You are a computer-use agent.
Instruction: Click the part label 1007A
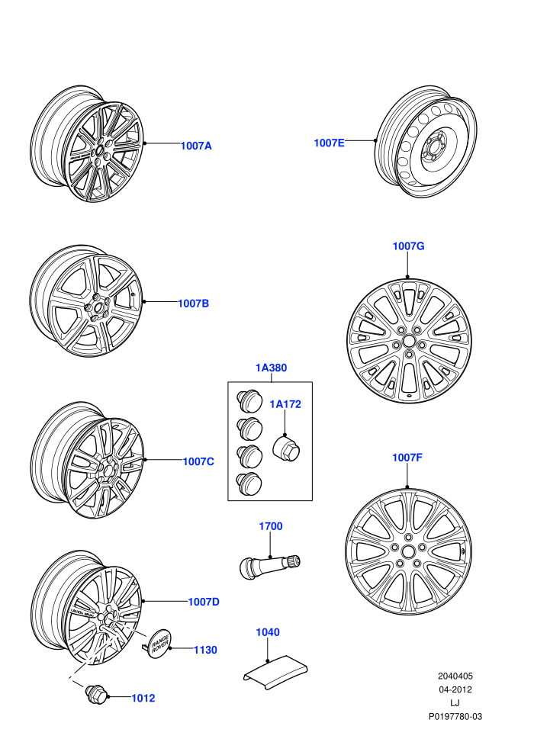click(196, 146)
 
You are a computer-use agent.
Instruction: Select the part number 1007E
click(330, 143)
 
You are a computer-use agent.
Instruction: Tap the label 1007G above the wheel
click(408, 246)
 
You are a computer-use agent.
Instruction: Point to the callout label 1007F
click(407, 458)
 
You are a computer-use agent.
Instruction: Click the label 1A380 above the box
click(271, 368)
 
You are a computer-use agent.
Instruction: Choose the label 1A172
click(285, 404)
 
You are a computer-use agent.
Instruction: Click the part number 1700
click(271, 526)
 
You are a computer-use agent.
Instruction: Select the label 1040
click(268, 632)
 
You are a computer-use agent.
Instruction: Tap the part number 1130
click(206, 650)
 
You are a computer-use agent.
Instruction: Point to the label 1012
click(143, 698)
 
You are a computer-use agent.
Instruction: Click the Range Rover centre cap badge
click(159, 644)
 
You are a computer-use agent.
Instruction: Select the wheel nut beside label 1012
click(95, 694)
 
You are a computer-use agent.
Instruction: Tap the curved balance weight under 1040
click(275, 671)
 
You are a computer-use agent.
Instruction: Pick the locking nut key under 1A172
click(286, 448)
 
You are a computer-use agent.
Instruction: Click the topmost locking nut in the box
click(249, 401)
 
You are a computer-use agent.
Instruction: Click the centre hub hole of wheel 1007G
click(408, 341)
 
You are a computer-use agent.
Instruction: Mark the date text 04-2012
click(455, 689)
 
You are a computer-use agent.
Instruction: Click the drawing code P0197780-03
click(455, 716)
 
